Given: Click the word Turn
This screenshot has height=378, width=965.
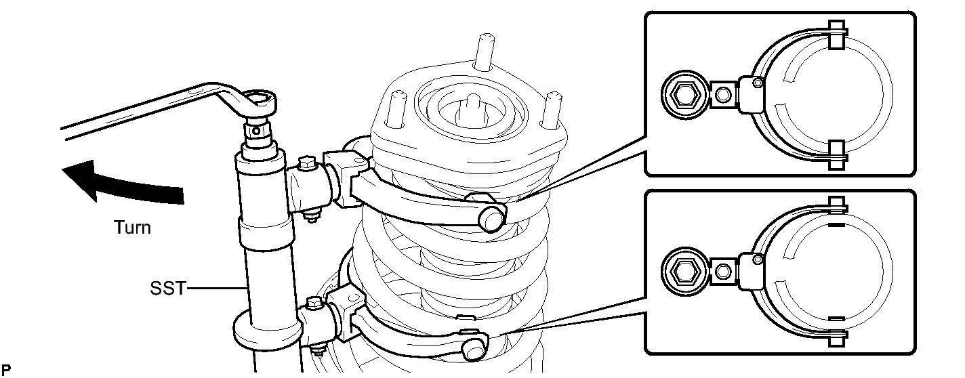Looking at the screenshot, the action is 132,228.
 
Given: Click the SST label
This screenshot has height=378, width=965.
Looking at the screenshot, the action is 167,289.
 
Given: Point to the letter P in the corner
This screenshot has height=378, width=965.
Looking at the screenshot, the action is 6,369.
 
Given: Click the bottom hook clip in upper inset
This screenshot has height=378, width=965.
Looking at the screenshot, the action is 837,156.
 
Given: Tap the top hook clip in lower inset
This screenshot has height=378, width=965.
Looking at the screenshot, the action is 837,205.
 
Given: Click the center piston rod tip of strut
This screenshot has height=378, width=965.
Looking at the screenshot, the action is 472,108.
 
